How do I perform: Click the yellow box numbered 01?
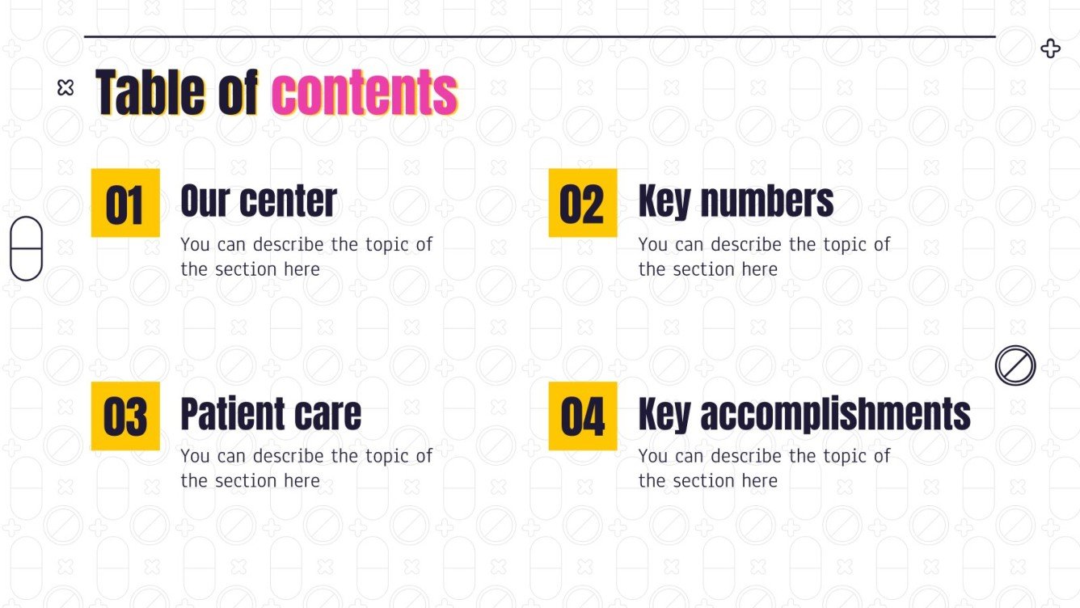(x=125, y=203)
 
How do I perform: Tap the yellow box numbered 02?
(x=582, y=203)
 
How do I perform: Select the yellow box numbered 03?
(x=125, y=416)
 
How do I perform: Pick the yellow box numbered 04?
(x=582, y=416)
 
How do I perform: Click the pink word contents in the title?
(x=365, y=92)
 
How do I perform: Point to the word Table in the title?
(x=151, y=92)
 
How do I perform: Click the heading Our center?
(x=259, y=201)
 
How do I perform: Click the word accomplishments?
(x=835, y=414)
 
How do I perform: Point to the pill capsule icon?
(x=26, y=248)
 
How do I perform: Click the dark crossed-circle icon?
(x=1015, y=365)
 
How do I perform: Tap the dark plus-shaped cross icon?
(x=1050, y=49)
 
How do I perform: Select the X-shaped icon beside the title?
(x=65, y=88)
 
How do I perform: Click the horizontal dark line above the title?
(x=539, y=36)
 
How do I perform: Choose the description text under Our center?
(x=306, y=256)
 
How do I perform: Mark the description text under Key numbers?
(x=764, y=256)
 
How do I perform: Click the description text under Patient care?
(x=306, y=468)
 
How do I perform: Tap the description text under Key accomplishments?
(x=764, y=468)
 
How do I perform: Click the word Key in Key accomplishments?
(x=664, y=414)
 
